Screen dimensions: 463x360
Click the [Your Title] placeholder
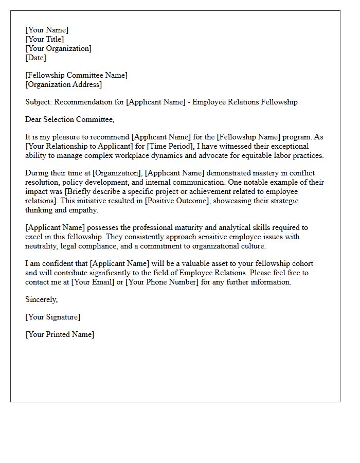coord(45,39)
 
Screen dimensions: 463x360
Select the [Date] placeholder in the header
coord(35,58)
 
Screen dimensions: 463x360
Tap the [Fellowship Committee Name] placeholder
coord(76,75)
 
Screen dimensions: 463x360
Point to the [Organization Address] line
coord(64,84)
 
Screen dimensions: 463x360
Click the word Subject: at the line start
coord(39,102)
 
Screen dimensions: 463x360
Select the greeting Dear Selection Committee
coord(70,119)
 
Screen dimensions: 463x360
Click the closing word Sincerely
coord(41,299)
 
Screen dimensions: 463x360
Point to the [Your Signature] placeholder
coord(52,317)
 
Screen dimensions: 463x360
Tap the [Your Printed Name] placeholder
coord(60,334)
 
